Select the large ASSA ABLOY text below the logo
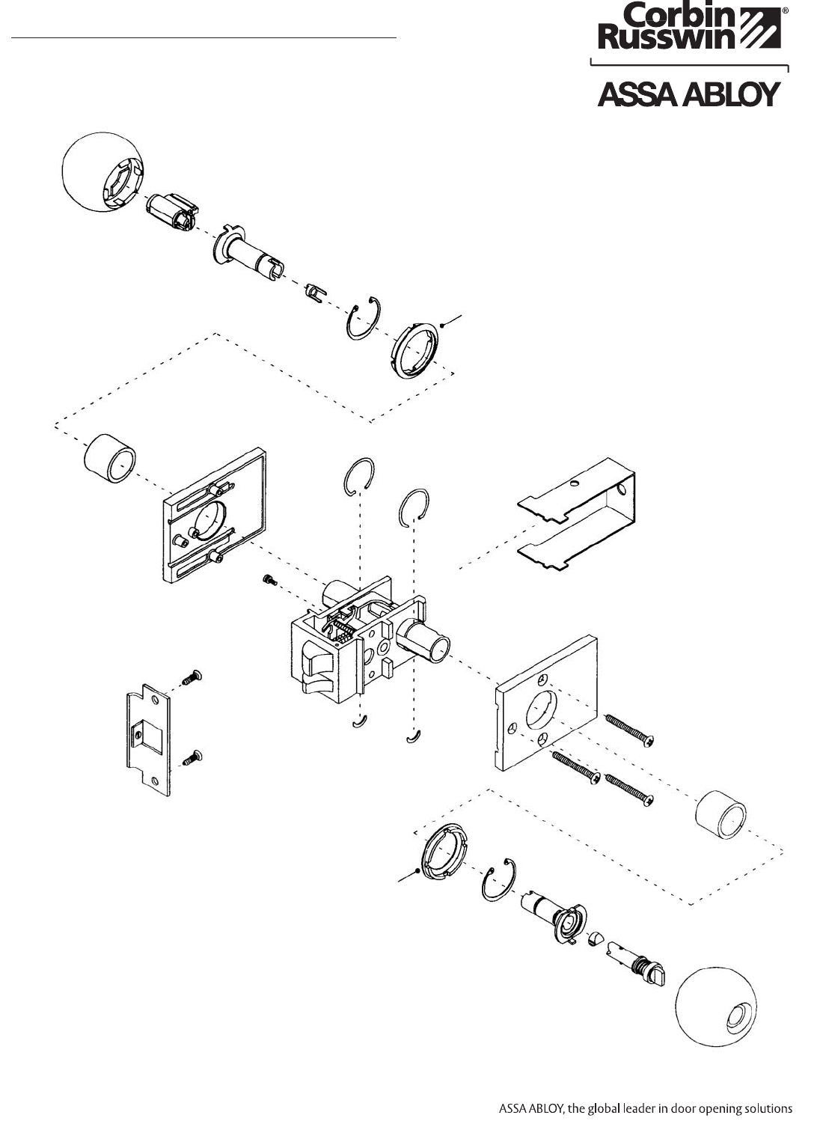point(688,95)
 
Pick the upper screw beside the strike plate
point(193,679)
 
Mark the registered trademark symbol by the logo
point(784,12)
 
